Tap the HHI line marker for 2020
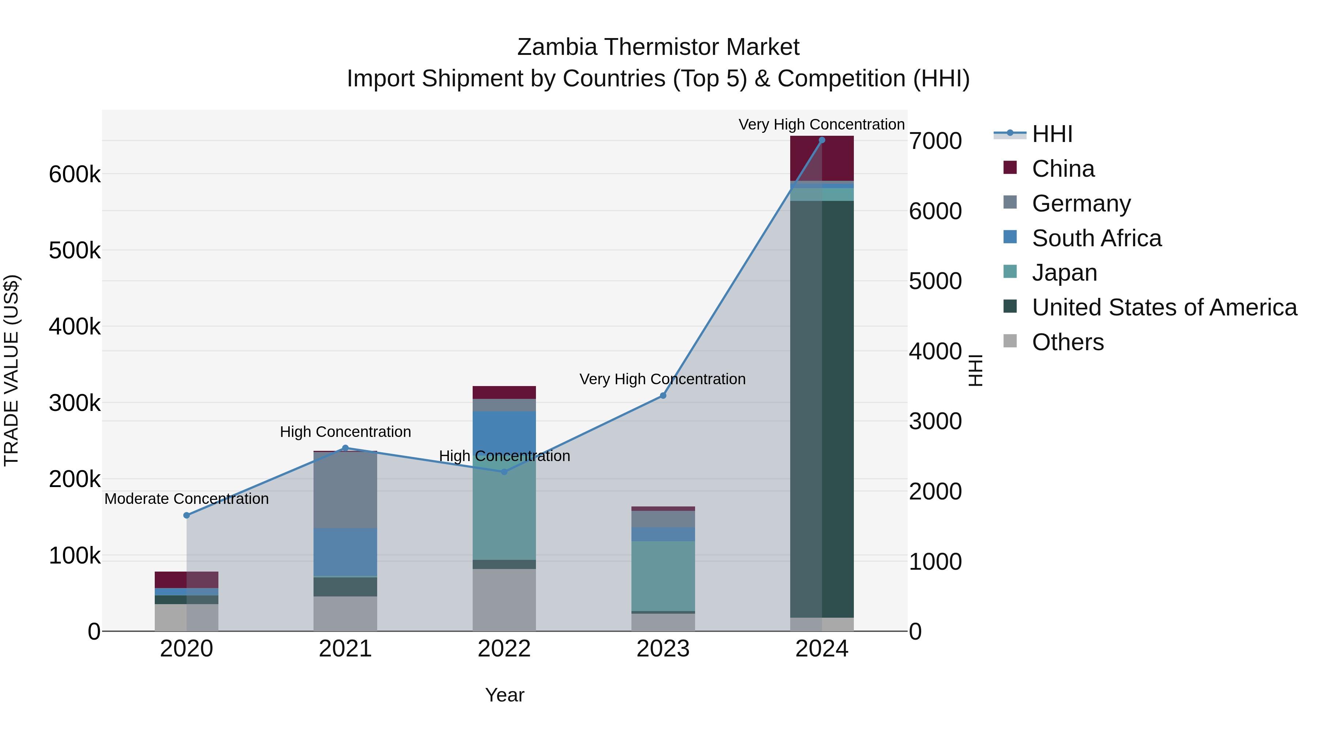pyautogui.click(x=187, y=516)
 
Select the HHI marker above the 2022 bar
pyautogui.click(x=504, y=472)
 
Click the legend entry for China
pyautogui.click(x=1062, y=169)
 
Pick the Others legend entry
pyautogui.click(x=1068, y=342)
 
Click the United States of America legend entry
pyautogui.click(x=1164, y=307)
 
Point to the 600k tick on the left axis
pyautogui.click(x=75, y=175)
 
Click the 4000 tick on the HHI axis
pyautogui.click(x=935, y=351)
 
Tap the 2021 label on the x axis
pyautogui.click(x=345, y=648)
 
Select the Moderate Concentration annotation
pyautogui.click(x=187, y=499)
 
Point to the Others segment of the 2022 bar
pyautogui.click(x=504, y=599)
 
